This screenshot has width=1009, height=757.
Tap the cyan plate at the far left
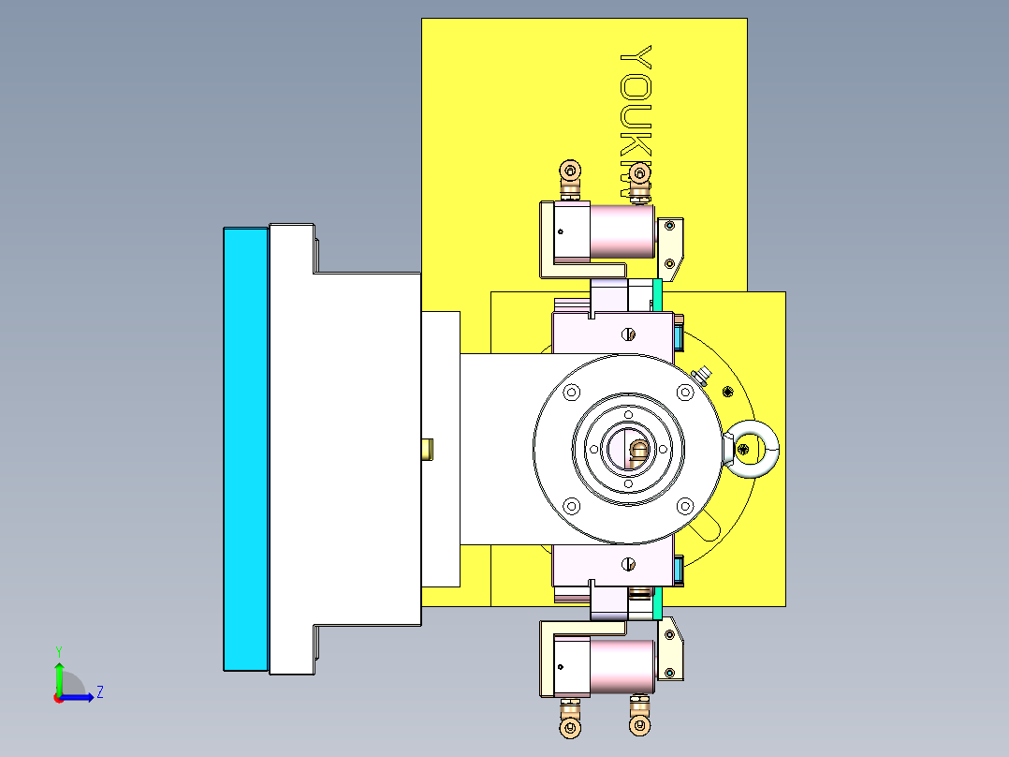click(x=246, y=450)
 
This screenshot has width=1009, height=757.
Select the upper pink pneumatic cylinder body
click(x=621, y=232)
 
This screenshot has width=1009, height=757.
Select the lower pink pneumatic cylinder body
click(x=621, y=666)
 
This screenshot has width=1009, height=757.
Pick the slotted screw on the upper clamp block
click(x=629, y=334)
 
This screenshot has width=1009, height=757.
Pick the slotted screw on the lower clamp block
click(x=629, y=563)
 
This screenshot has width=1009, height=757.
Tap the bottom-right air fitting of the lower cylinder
click(x=638, y=726)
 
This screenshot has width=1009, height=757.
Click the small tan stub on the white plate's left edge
click(x=428, y=449)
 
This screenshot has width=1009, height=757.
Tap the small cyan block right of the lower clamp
click(x=677, y=566)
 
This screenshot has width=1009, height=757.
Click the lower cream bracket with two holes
click(x=672, y=653)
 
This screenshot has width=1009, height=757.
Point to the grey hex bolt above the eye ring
click(x=703, y=377)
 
